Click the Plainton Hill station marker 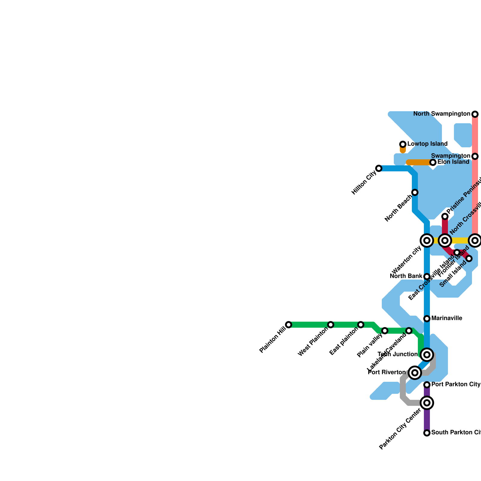pos(289,325)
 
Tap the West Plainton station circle pos(331,325)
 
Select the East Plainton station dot pos(361,325)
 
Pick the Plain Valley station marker pos(385,331)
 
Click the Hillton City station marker pos(379,168)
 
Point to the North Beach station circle pos(415,192)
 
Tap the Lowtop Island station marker pos(403,144)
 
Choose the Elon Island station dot pos(433,162)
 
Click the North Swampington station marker pos(475,114)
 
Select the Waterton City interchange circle pos(427,240)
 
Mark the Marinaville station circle pos(427,319)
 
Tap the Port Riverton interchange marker pos(415,373)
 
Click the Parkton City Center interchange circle pos(427,403)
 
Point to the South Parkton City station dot pos(427,433)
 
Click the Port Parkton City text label pos(456,384)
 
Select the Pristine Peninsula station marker pos(445,216)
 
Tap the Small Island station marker pos(469,259)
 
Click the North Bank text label pos(406,276)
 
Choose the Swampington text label pos(450,156)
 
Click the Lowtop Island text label pos(427,144)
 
